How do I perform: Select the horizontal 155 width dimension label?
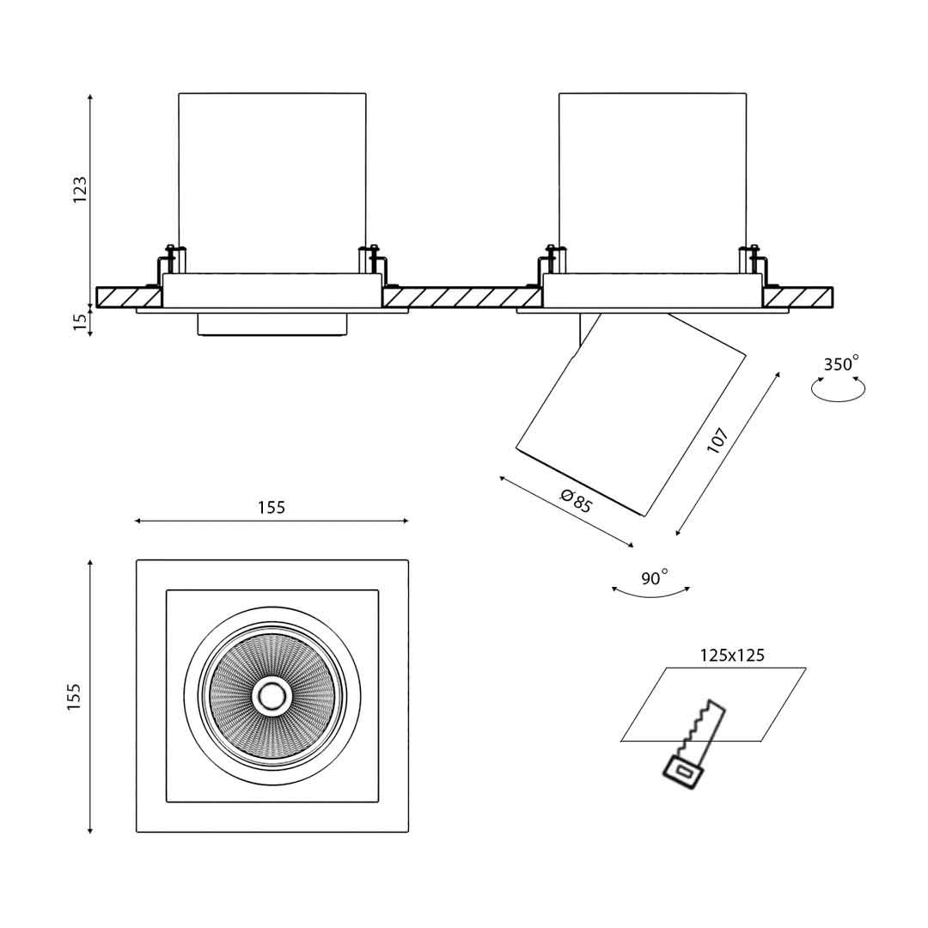pos(272,508)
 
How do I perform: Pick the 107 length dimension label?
pos(717,442)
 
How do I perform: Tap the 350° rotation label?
pos(840,364)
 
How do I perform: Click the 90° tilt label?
pos(653,578)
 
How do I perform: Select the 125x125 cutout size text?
pos(732,656)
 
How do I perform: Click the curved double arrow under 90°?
pos(650,591)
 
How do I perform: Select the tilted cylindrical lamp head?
pos(629,412)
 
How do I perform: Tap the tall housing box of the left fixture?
pos(272,180)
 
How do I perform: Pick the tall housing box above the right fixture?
pos(652,180)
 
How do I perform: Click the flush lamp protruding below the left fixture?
pos(272,325)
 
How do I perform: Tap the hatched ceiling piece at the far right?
pos(798,297)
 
